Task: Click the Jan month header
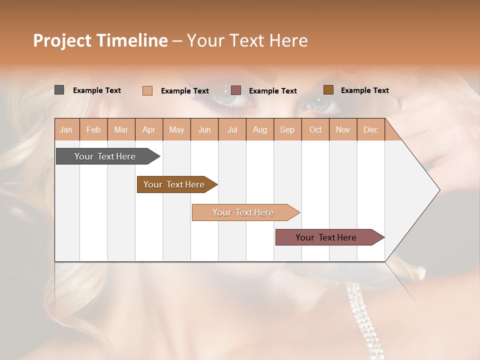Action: coord(66,129)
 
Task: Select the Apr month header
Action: coord(148,129)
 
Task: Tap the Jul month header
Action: coord(232,129)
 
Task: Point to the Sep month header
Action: coord(287,129)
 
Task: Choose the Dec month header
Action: coord(370,129)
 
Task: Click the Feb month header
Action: coord(93,129)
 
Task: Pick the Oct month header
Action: coord(315,129)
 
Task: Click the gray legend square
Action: coord(59,90)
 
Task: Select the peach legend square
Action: coord(147,90)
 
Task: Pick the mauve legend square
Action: coord(236,90)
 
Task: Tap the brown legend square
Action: coord(328,89)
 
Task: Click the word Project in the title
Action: coord(62,40)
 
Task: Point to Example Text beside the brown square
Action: coord(364,90)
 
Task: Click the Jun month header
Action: coord(204,129)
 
